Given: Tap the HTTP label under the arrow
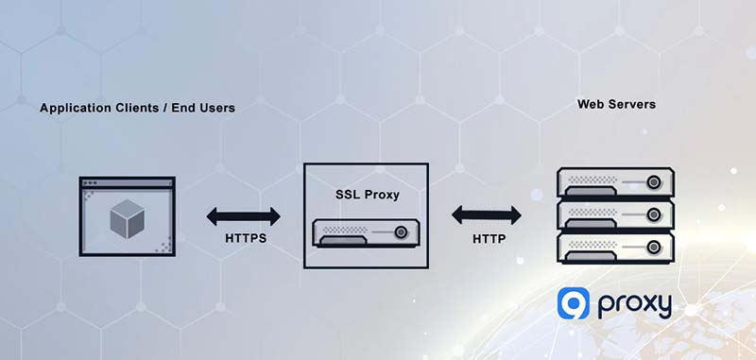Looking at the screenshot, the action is (489, 239).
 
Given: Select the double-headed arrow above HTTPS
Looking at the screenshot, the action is (244, 216).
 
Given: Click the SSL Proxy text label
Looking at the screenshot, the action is (367, 195).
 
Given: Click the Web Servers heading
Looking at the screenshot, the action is (616, 103).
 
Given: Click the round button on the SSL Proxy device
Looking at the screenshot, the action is (404, 231).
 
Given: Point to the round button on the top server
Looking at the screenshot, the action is (653, 181).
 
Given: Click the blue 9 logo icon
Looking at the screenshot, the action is (573, 304).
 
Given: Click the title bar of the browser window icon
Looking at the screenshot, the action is (127, 182).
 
